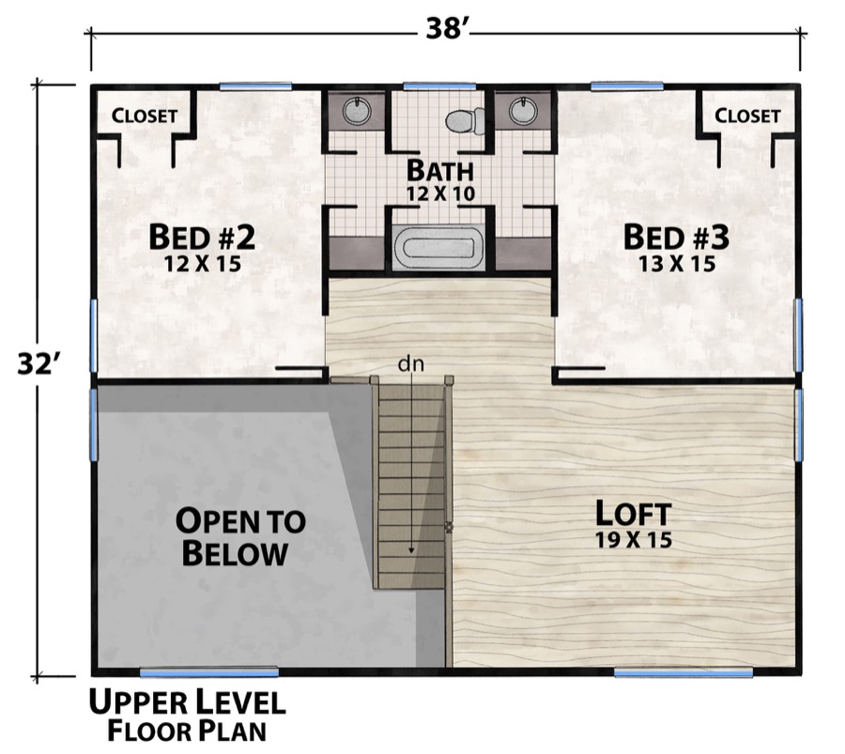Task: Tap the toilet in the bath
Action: click(465, 120)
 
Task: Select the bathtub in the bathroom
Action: click(439, 249)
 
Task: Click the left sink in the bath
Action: click(355, 112)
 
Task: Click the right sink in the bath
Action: click(523, 112)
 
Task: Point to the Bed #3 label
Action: click(676, 237)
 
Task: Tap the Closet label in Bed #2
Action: click(145, 116)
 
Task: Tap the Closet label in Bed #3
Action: click(747, 116)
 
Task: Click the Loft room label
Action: click(634, 514)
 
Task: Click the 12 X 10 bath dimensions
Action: click(440, 193)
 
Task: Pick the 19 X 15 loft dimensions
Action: click(634, 541)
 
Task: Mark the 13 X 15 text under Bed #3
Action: click(676, 264)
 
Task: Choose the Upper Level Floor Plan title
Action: click(187, 715)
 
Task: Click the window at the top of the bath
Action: click(439, 86)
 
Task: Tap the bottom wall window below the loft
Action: click(684, 672)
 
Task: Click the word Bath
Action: click(439, 171)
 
